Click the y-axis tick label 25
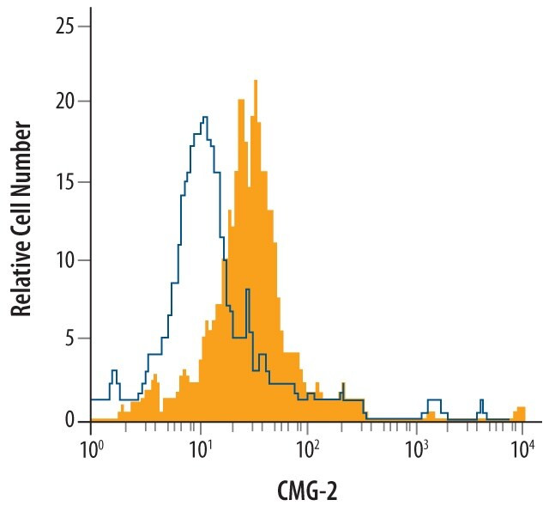[64, 27]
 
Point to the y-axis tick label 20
[64, 101]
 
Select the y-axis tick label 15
[64, 181]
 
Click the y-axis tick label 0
[69, 419]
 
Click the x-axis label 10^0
[91, 448]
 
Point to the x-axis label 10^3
[416, 448]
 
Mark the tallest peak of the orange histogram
[256, 82]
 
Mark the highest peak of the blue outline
[204, 119]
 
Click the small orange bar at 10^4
[520, 412]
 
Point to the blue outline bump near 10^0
[113, 375]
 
